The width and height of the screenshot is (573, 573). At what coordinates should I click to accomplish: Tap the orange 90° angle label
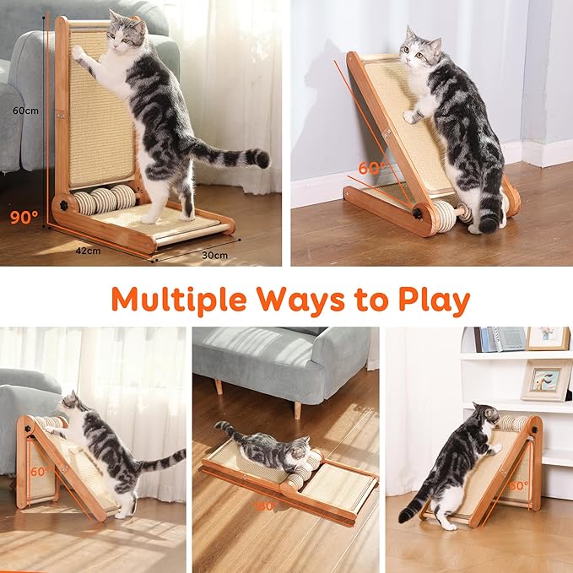click(x=24, y=216)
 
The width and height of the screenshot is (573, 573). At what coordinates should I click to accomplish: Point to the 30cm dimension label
click(x=214, y=254)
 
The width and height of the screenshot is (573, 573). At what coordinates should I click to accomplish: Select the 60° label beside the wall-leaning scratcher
click(x=371, y=168)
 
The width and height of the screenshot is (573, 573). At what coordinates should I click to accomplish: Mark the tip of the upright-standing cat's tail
click(x=263, y=159)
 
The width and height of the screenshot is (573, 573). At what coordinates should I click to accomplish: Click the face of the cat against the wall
click(x=412, y=51)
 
